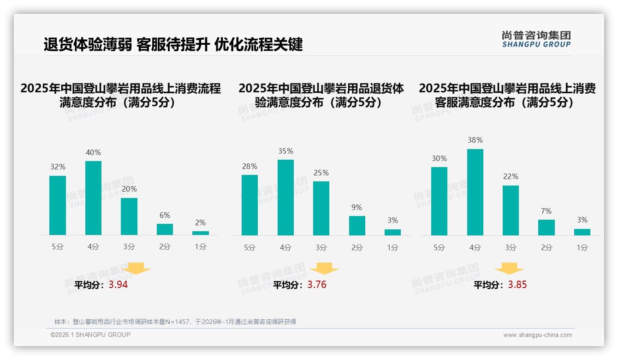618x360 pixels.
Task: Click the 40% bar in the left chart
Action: click(x=93, y=198)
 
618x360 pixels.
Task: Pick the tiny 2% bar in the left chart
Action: click(x=201, y=233)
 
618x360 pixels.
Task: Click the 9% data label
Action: click(x=357, y=208)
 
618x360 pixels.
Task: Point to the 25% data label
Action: click(x=321, y=173)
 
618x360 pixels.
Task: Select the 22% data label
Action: click(x=511, y=177)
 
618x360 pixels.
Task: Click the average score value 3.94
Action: click(x=118, y=285)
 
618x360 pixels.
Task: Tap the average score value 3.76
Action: click(x=317, y=285)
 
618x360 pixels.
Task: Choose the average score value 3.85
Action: click(x=517, y=285)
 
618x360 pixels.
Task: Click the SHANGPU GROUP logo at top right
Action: click(x=536, y=39)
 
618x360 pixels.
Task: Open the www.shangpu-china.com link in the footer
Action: click(x=537, y=335)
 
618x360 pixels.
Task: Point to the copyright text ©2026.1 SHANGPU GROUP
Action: click(x=90, y=335)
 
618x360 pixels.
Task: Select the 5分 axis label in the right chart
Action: click(x=439, y=247)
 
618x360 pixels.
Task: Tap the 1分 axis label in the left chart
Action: click(x=201, y=247)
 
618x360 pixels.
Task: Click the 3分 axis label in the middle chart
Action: click(x=321, y=247)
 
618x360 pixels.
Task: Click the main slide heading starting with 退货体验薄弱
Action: click(x=173, y=44)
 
